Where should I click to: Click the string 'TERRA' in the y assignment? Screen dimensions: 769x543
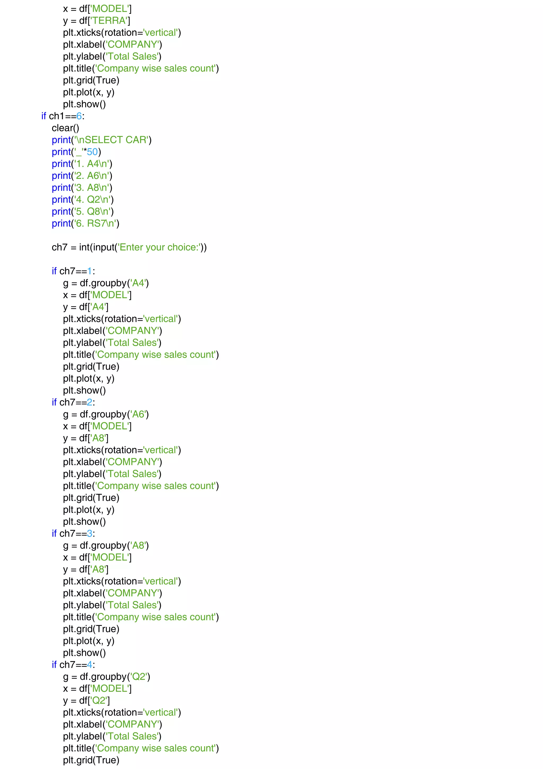(109, 21)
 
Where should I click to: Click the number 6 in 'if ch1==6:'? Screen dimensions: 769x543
(79, 116)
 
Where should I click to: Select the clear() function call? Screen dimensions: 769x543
(65, 128)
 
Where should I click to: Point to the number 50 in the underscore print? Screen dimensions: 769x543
(92, 152)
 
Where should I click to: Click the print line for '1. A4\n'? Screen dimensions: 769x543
(82, 164)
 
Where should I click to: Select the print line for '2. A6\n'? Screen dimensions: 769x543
(82, 176)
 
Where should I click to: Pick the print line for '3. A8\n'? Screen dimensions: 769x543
(82, 188)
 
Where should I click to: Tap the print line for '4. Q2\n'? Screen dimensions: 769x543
(83, 200)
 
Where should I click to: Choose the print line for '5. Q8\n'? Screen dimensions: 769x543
(83, 212)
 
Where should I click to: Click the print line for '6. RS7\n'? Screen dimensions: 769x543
(85, 223)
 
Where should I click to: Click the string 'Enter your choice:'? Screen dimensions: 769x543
(159, 248)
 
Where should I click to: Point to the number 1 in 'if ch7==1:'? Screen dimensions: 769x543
(89, 271)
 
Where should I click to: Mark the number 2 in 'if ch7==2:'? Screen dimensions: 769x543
(89, 402)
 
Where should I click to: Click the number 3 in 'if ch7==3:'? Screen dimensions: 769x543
(89, 534)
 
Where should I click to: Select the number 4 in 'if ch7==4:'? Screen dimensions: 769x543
(89, 665)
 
